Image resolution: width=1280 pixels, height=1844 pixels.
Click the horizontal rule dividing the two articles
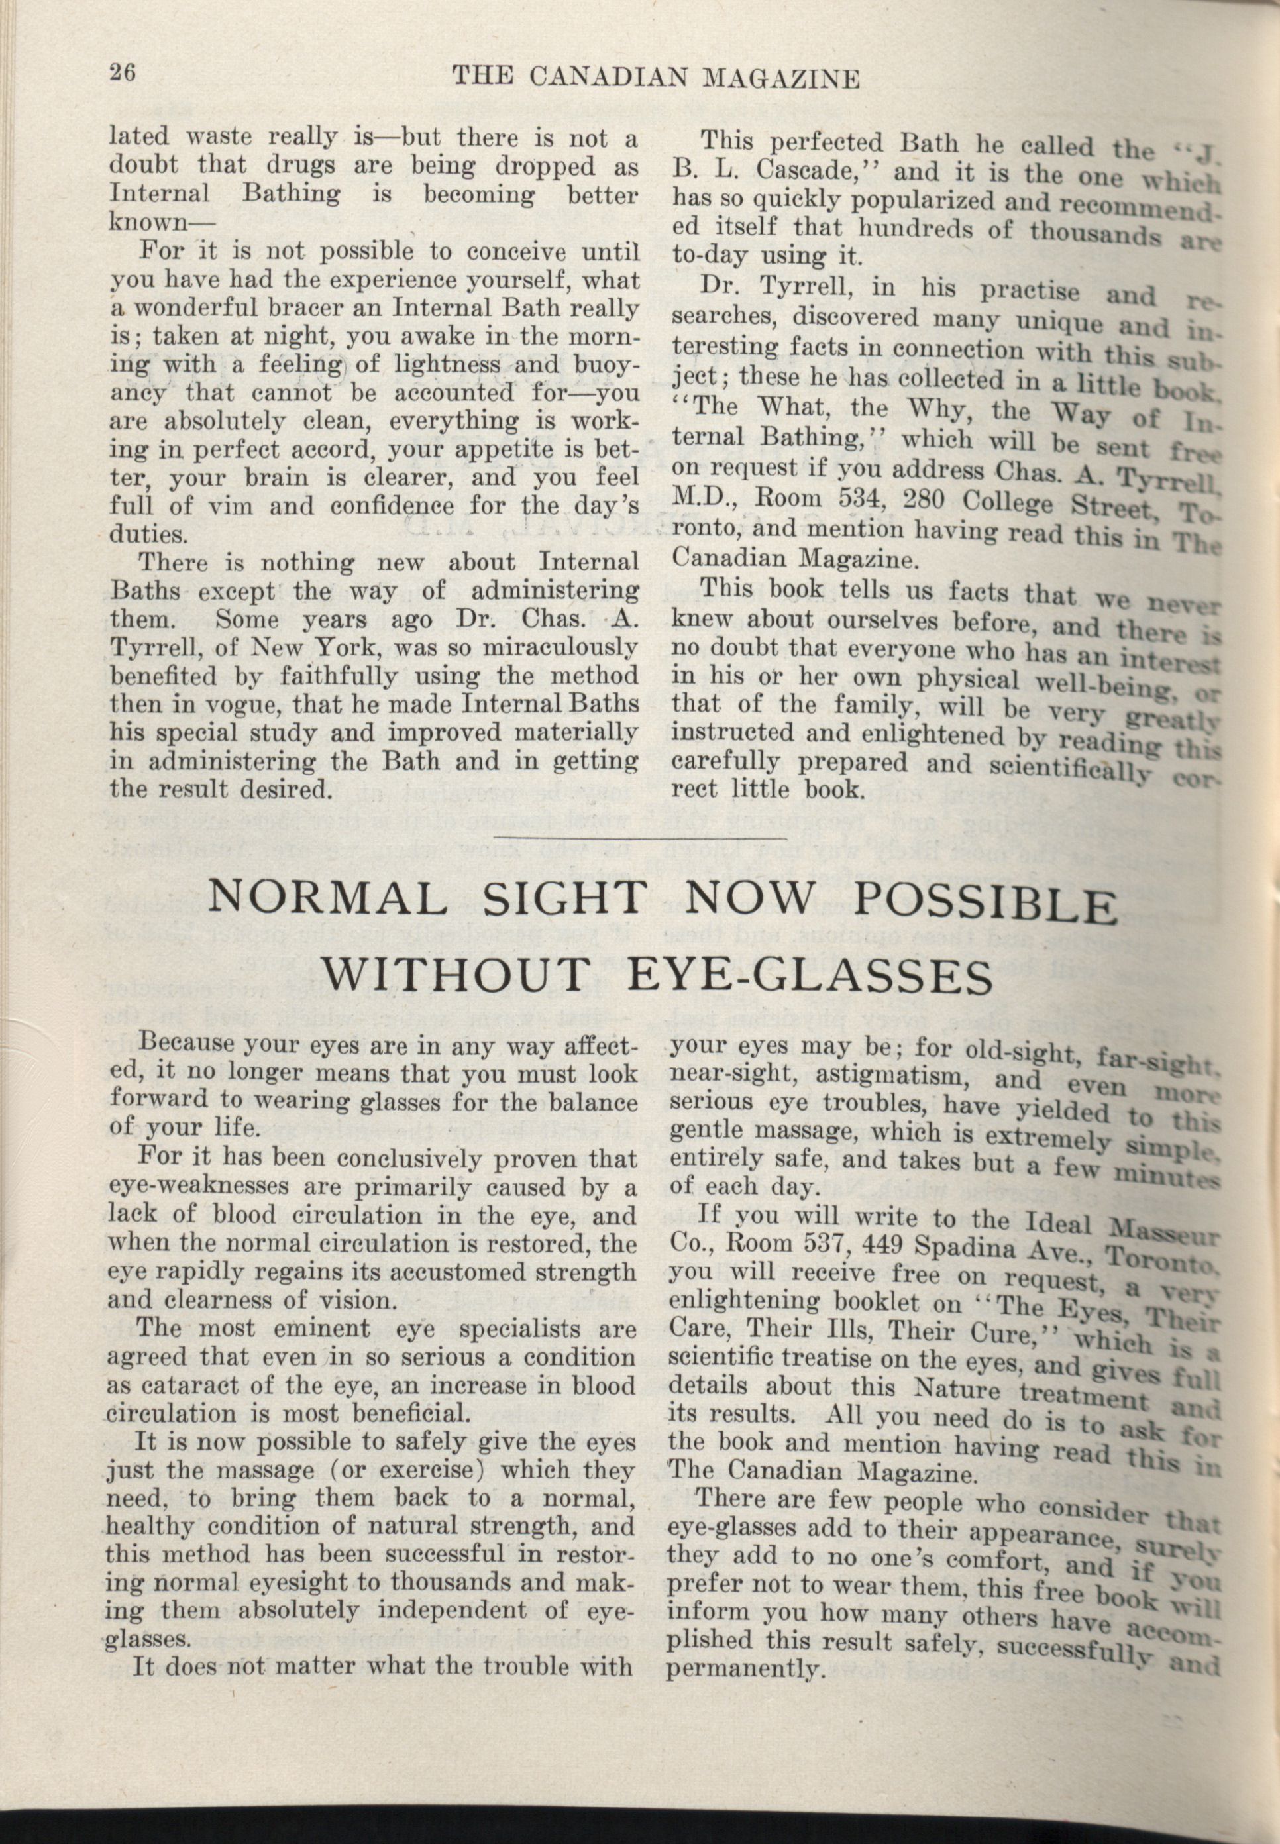pos(641,838)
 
